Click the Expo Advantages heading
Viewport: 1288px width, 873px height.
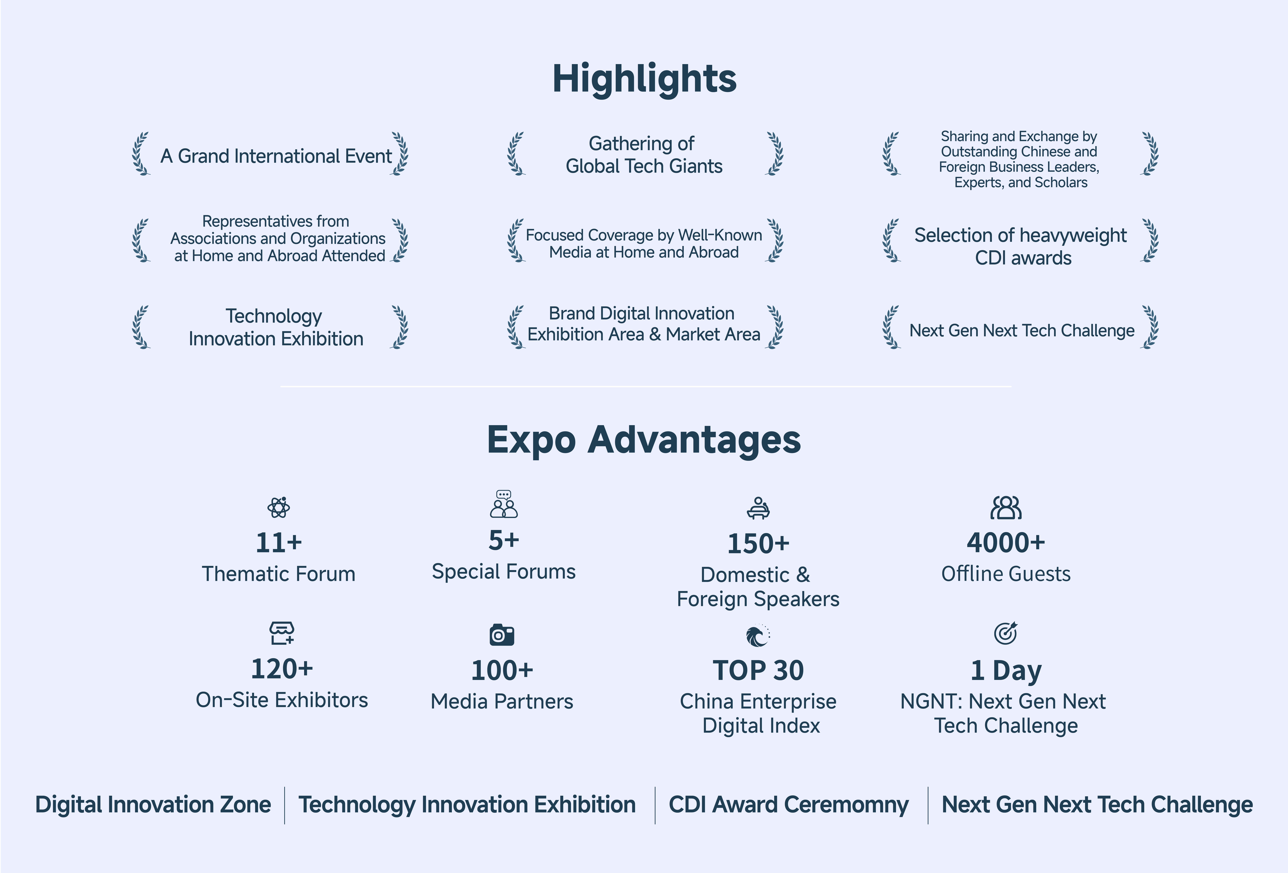pos(644,440)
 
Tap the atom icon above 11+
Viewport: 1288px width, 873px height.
pos(278,507)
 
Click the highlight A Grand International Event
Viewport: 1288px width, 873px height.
pos(276,156)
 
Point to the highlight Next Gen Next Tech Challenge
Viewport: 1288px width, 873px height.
pos(1022,330)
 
